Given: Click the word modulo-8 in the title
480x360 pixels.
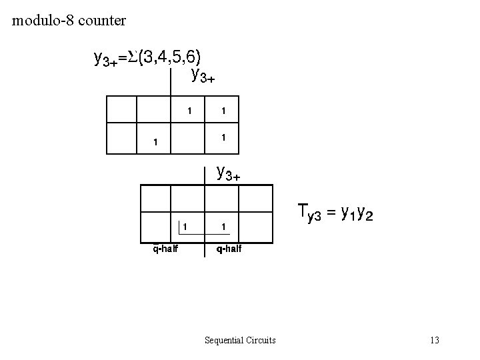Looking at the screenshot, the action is point(43,21).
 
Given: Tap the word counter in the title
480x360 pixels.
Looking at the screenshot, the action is point(101,21).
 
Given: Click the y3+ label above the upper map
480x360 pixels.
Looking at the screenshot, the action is point(203,75).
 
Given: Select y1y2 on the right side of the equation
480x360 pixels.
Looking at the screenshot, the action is point(357,213).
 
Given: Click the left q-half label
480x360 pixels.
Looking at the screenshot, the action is point(165,249).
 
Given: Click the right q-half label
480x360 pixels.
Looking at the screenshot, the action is point(227,249).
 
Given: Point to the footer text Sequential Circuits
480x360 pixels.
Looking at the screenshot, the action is point(241,341).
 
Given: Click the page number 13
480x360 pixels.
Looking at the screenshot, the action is point(435,341).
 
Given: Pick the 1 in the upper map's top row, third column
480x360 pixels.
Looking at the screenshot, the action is point(190,109).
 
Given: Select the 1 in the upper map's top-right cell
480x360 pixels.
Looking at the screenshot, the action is point(224,109).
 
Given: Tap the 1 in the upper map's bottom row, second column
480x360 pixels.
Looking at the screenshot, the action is point(155,141).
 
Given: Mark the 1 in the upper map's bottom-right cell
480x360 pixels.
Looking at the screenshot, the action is point(224,137).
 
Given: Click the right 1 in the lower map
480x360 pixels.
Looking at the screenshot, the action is point(223,227).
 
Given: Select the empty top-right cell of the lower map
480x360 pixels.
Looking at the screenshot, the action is point(257,199).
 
